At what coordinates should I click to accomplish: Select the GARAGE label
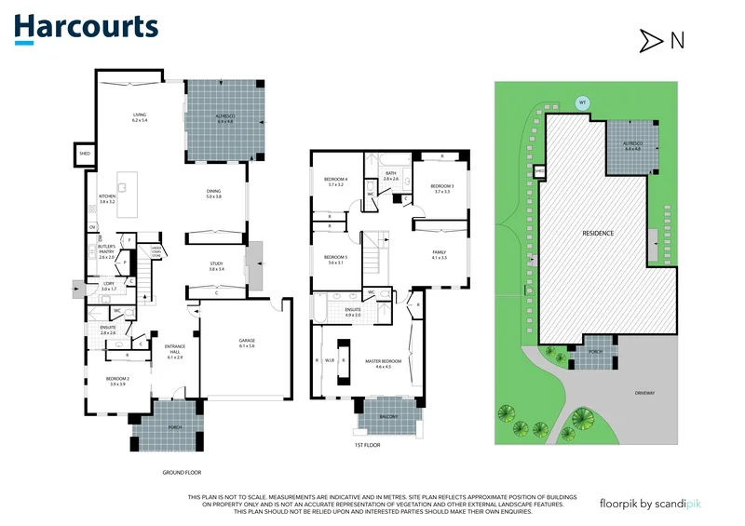coord(246,343)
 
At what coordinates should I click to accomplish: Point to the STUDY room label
coord(215,265)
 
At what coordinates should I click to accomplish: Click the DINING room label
coord(213,194)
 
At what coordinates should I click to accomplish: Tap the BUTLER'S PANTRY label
coord(106,251)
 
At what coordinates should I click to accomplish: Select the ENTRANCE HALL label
coord(174,352)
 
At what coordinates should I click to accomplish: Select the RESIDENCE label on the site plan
coord(597,233)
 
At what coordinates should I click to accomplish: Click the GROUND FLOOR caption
coord(182,472)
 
